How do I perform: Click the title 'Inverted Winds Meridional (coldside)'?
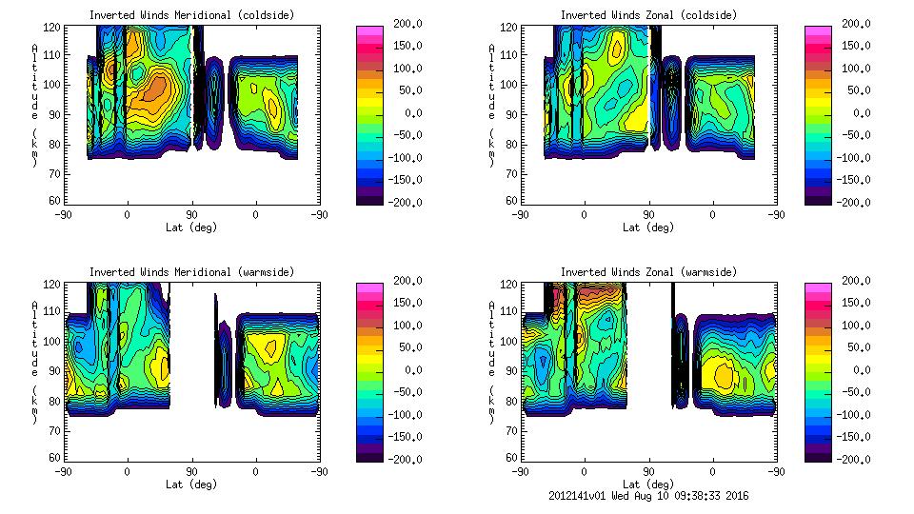click(191, 15)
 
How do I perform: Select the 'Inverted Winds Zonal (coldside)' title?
click(648, 15)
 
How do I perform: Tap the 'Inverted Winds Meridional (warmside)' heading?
click(191, 272)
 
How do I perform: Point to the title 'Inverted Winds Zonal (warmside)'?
click(648, 272)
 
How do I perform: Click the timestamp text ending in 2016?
click(649, 496)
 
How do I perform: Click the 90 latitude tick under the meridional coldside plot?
click(191, 215)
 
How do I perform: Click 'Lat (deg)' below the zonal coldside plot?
click(648, 227)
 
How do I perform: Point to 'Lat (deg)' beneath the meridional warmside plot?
click(191, 484)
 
